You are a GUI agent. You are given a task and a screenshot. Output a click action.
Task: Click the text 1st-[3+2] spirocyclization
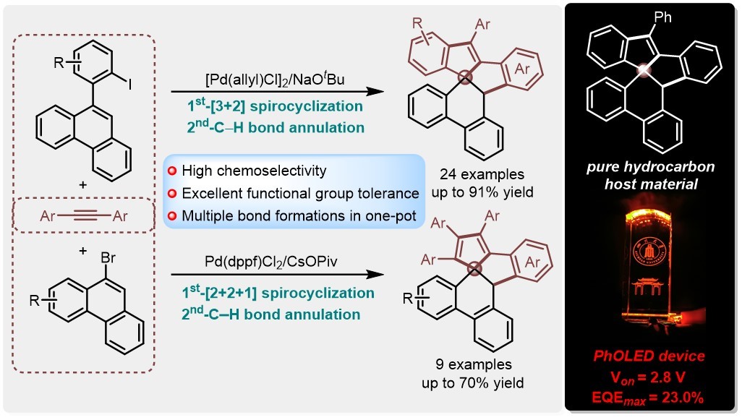(x=269, y=108)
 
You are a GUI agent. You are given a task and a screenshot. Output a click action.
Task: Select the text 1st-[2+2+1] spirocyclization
(x=276, y=293)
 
